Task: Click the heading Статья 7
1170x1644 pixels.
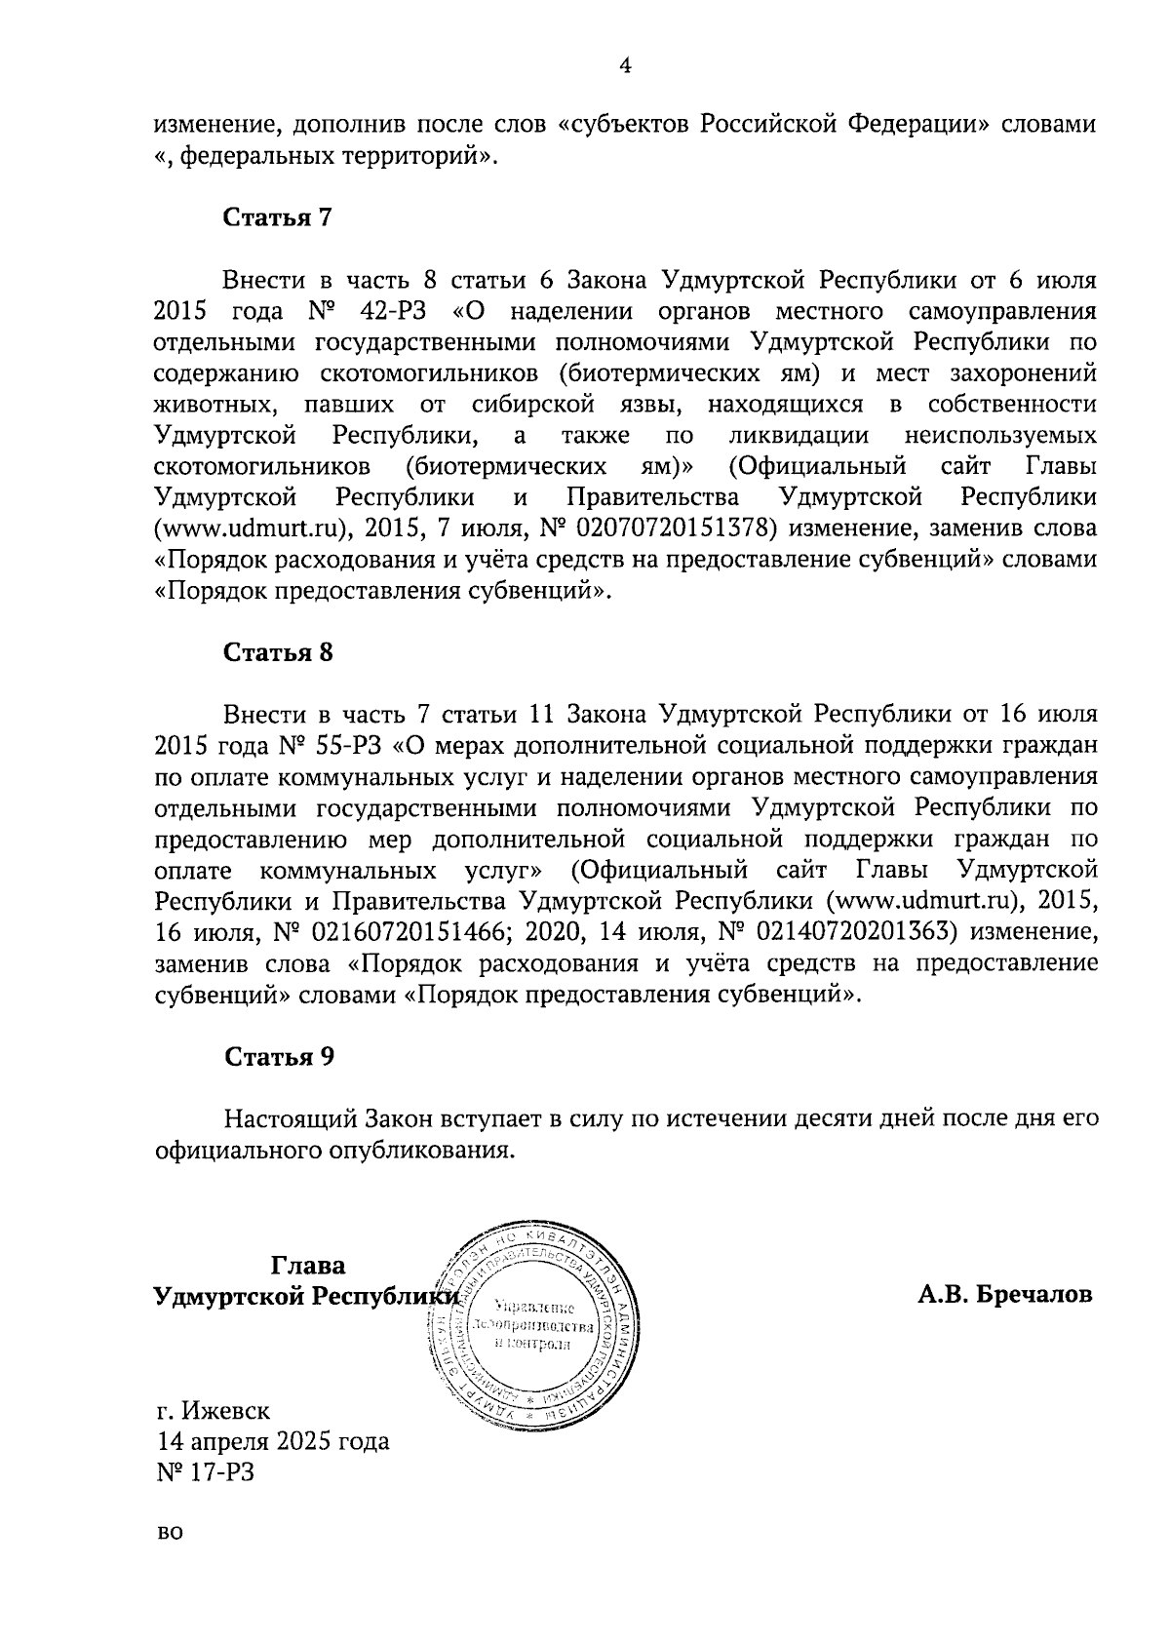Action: point(278,217)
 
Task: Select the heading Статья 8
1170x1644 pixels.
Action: point(278,652)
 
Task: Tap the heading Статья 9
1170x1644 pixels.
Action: point(278,1056)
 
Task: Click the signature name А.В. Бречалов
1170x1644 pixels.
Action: point(1004,1295)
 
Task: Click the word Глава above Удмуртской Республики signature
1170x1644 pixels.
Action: point(307,1266)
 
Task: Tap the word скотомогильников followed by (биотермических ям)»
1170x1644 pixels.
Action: point(261,466)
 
